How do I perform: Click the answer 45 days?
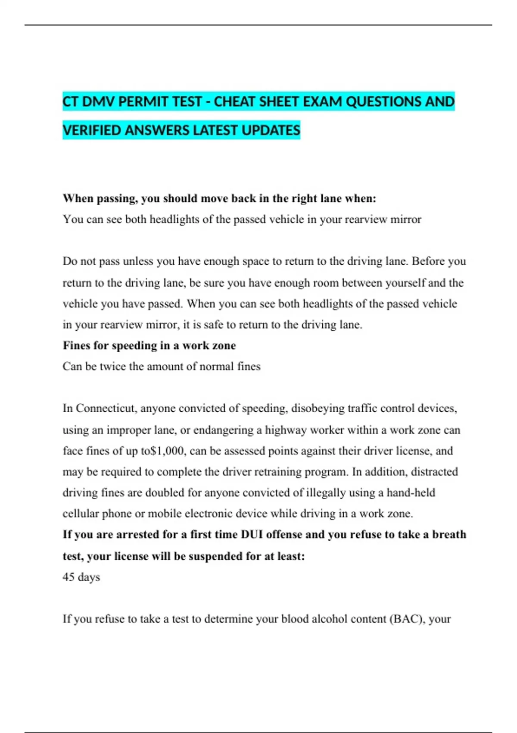click(x=81, y=577)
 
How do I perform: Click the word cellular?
click(x=81, y=514)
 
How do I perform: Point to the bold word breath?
click(x=449, y=535)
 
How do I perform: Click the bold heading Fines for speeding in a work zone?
click(x=149, y=345)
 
